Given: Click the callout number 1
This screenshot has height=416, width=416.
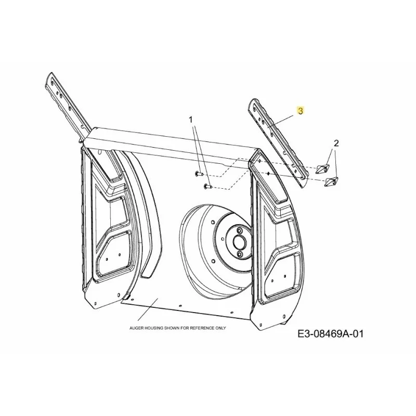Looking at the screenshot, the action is (x=190, y=120).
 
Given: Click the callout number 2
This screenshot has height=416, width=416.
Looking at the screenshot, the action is (x=336, y=144).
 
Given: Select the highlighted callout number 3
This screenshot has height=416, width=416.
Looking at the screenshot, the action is (x=301, y=111).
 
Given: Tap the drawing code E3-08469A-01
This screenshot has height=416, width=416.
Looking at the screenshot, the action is (x=330, y=334).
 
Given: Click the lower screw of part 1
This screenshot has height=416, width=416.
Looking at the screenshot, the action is (x=207, y=187).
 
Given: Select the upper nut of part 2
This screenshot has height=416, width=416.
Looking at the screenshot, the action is (x=322, y=168).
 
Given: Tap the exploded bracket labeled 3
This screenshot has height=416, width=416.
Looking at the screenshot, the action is (x=278, y=144).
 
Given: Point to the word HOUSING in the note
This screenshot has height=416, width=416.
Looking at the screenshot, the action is (x=153, y=328).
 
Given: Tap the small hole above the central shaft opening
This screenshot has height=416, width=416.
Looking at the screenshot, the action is (x=240, y=230).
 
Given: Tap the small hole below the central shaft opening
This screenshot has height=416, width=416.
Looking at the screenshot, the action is (x=240, y=254).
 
